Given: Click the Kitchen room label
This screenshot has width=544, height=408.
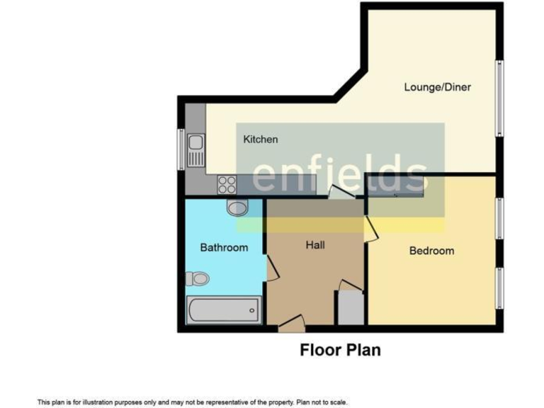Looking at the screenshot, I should point(261,140).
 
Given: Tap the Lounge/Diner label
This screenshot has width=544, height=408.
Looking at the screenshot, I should point(437,87).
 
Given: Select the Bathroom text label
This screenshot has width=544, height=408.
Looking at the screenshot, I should point(224,247).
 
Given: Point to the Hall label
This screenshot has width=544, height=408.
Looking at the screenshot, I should point(315,245).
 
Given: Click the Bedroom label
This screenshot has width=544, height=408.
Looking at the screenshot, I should point(431,251).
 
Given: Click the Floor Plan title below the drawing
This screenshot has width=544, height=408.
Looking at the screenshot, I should point(340,350).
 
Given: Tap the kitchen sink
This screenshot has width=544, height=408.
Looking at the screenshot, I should point(195,149).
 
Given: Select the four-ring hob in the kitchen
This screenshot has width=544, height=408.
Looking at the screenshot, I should point(227,184).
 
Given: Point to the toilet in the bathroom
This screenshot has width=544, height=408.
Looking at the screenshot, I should point(199,278).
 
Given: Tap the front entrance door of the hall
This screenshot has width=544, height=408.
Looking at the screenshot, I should point(292,327).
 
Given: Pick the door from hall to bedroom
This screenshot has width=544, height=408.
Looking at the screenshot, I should point(368,228).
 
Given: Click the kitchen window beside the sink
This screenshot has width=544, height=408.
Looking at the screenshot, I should point(181,149).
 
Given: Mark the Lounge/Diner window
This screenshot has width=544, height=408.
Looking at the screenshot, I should point(499,98).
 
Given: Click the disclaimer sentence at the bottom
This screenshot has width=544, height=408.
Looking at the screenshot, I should point(192,402).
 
